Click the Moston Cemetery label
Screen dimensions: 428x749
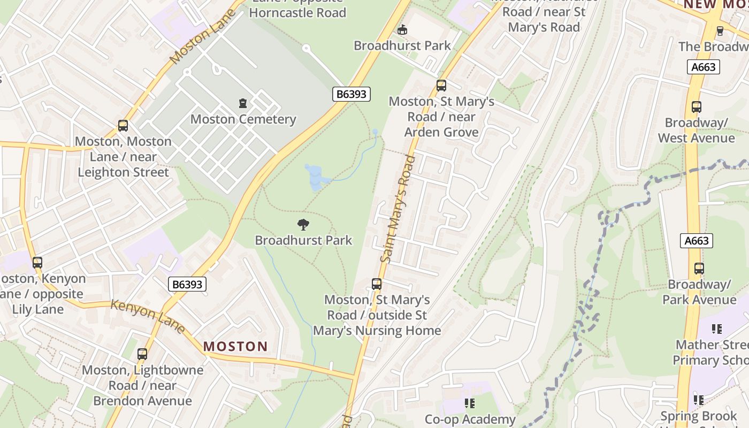pos(243,119)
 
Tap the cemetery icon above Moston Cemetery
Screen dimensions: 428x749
pos(243,103)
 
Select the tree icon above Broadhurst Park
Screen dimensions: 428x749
pos(303,225)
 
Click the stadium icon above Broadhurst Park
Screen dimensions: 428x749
pos(402,29)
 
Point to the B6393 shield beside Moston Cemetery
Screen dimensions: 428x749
pos(351,94)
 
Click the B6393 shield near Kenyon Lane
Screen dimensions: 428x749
pos(187,284)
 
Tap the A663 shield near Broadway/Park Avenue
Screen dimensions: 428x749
pos(697,241)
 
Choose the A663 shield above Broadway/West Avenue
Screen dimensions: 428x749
pos(703,67)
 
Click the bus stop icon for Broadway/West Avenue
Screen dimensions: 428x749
pos(696,107)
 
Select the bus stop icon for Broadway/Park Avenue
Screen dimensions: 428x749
pos(699,269)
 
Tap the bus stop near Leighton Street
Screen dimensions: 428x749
pos(123,126)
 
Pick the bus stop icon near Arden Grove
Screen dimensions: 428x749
pos(441,85)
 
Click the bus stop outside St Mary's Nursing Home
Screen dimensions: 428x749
pos(377,284)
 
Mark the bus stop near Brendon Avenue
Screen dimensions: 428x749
pos(142,354)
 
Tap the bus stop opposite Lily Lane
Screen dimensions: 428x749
pos(37,263)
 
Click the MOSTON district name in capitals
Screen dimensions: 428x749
pos(235,346)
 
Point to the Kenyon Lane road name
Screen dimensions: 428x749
pos(148,316)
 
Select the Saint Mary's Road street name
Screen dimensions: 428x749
pos(398,209)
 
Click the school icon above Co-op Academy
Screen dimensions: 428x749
pos(469,403)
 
